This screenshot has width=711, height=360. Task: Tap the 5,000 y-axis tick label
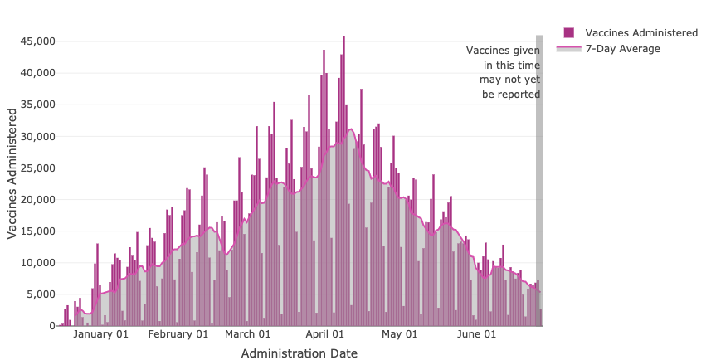pos(40,294)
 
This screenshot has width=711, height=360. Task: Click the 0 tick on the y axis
pos(51,326)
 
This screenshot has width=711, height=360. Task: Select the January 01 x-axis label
pos(101,334)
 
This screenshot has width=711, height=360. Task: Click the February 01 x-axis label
pos(178,334)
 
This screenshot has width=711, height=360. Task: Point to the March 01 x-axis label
pos(248,334)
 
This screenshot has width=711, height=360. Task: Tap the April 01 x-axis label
pos(324,334)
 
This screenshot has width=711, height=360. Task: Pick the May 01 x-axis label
pos(399,334)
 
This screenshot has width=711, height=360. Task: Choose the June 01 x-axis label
pos(477,334)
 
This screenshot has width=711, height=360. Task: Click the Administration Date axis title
pos(299,353)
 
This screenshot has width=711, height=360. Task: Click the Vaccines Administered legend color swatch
pos(569,32)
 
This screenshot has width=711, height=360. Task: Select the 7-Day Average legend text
pos(622,49)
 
